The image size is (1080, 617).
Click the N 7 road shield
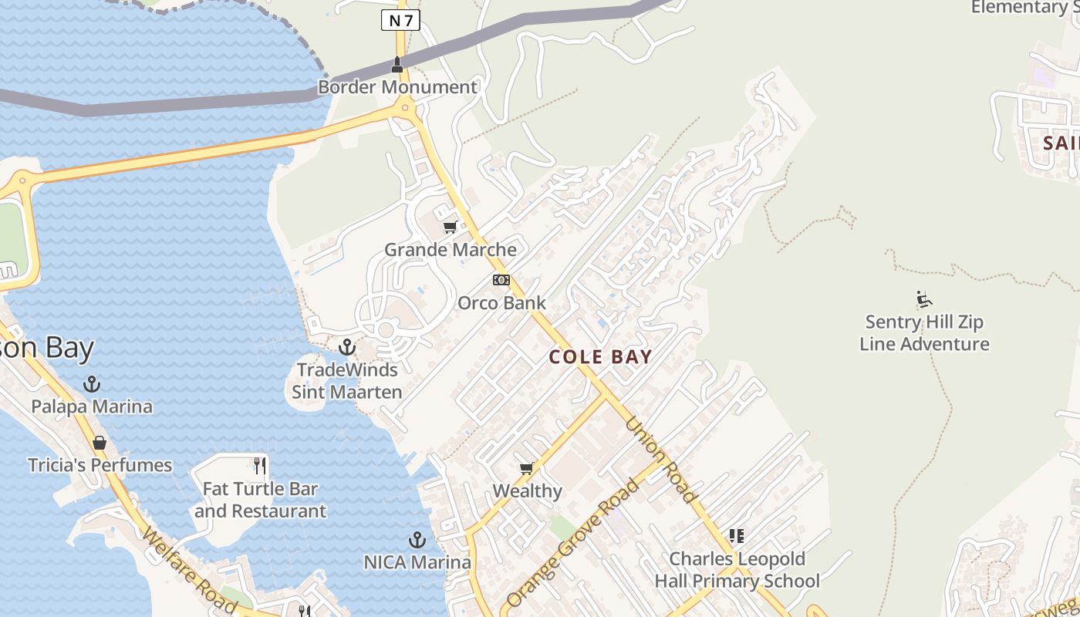[x=400, y=20]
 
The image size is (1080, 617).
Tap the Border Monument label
[x=398, y=87]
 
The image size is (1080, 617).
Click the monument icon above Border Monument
[x=397, y=65]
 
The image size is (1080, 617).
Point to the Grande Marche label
[x=451, y=250]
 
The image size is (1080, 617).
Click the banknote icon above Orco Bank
[x=501, y=280]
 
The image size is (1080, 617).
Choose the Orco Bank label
[x=501, y=303]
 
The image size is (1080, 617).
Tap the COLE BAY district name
[x=601, y=357]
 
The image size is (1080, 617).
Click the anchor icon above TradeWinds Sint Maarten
[x=347, y=347]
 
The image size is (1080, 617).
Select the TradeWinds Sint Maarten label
[x=347, y=381]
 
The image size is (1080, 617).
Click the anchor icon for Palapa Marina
[x=92, y=383]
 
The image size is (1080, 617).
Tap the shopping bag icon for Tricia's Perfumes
[x=100, y=443]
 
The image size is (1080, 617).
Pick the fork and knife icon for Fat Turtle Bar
[x=260, y=466]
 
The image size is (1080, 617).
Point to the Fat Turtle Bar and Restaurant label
[x=260, y=500]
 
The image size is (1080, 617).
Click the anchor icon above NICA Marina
[x=417, y=540]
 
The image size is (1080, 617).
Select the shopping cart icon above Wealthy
[x=528, y=468]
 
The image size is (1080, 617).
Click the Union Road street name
[x=660, y=460]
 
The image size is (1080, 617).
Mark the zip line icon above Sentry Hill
[x=924, y=299]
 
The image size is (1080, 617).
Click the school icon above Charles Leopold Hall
[x=737, y=536]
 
